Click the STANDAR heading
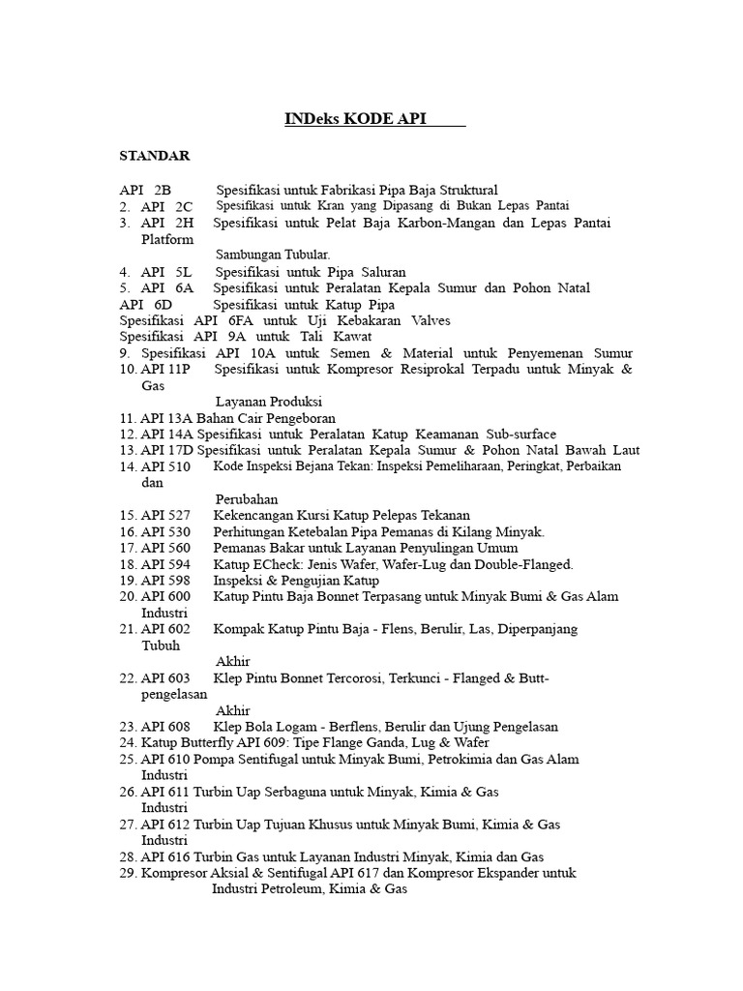155,156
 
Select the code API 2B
145,190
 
